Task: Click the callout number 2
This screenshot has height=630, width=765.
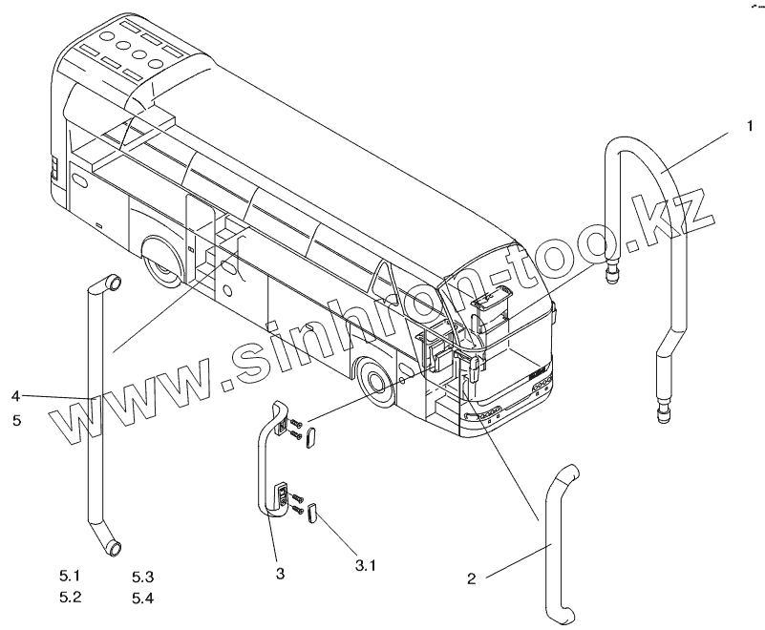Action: pyautogui.click(x=471, y=578)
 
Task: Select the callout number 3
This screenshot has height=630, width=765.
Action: pyautogui.click(x=279, y=573)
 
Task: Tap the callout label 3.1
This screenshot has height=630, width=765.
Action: pyautogui.click(x=366, y=565)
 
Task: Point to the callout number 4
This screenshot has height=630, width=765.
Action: pyautogui.click(x=16, y=395)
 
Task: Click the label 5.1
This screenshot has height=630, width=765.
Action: pyautogui.click(x=71, y=576)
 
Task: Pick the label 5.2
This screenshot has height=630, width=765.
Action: pyautogui.click(x=71, y=597)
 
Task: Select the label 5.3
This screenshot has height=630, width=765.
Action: pyautogui.click(x=143, y=576)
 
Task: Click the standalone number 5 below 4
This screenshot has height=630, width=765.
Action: pyautogui.click(x=16, y=418)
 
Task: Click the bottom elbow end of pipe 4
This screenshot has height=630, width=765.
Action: pyautogui.click(x=115, y=547)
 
